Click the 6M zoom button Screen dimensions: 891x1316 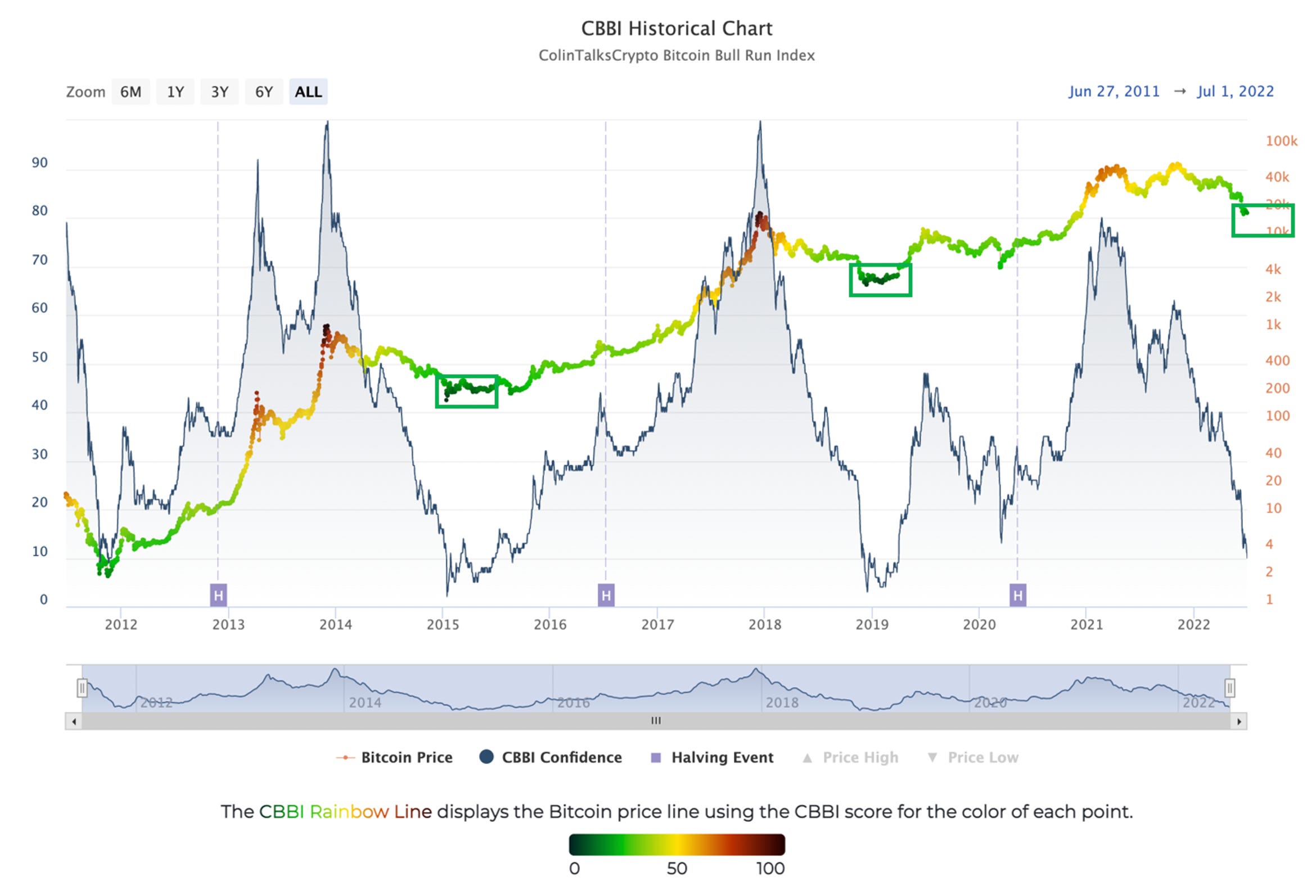(131, 92)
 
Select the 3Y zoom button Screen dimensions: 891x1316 (219, 92)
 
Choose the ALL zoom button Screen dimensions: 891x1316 (308, 92)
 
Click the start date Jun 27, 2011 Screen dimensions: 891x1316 (1114, 91)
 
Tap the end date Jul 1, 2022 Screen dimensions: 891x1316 (1235, 91)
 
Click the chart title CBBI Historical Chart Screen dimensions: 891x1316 (677, 28)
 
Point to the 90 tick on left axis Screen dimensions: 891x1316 (39, 163)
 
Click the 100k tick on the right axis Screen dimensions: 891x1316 (1281, 141)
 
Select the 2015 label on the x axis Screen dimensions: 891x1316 (443, 624)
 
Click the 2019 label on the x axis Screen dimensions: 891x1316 (872, 624)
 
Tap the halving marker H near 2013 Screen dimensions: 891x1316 (219, 595)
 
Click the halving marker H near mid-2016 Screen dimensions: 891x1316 (606, 595)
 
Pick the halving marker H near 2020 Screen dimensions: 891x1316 (1017, 595)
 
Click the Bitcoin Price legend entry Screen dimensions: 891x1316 (406, 757)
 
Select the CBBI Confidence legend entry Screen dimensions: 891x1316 (561, 757)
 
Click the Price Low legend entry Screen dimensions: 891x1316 (983, 757)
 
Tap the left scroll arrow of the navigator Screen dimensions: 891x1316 (74, 722)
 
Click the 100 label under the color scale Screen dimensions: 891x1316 (770, 868)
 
